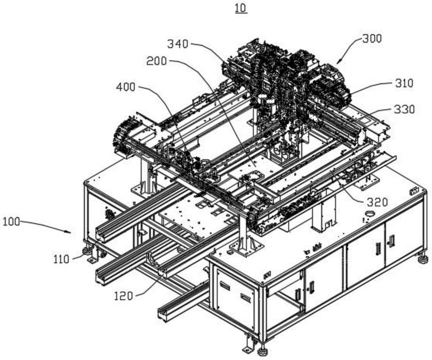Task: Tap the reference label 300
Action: tap(372, 38)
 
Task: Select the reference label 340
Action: tap(178, 44)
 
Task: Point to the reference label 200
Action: tap(156, 61)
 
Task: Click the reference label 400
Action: tap(126, 87)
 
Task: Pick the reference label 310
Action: tap(403, 83)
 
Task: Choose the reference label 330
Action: tap(404, 109)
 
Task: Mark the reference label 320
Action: tap(377, 203)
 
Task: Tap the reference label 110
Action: tap(61, 259)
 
